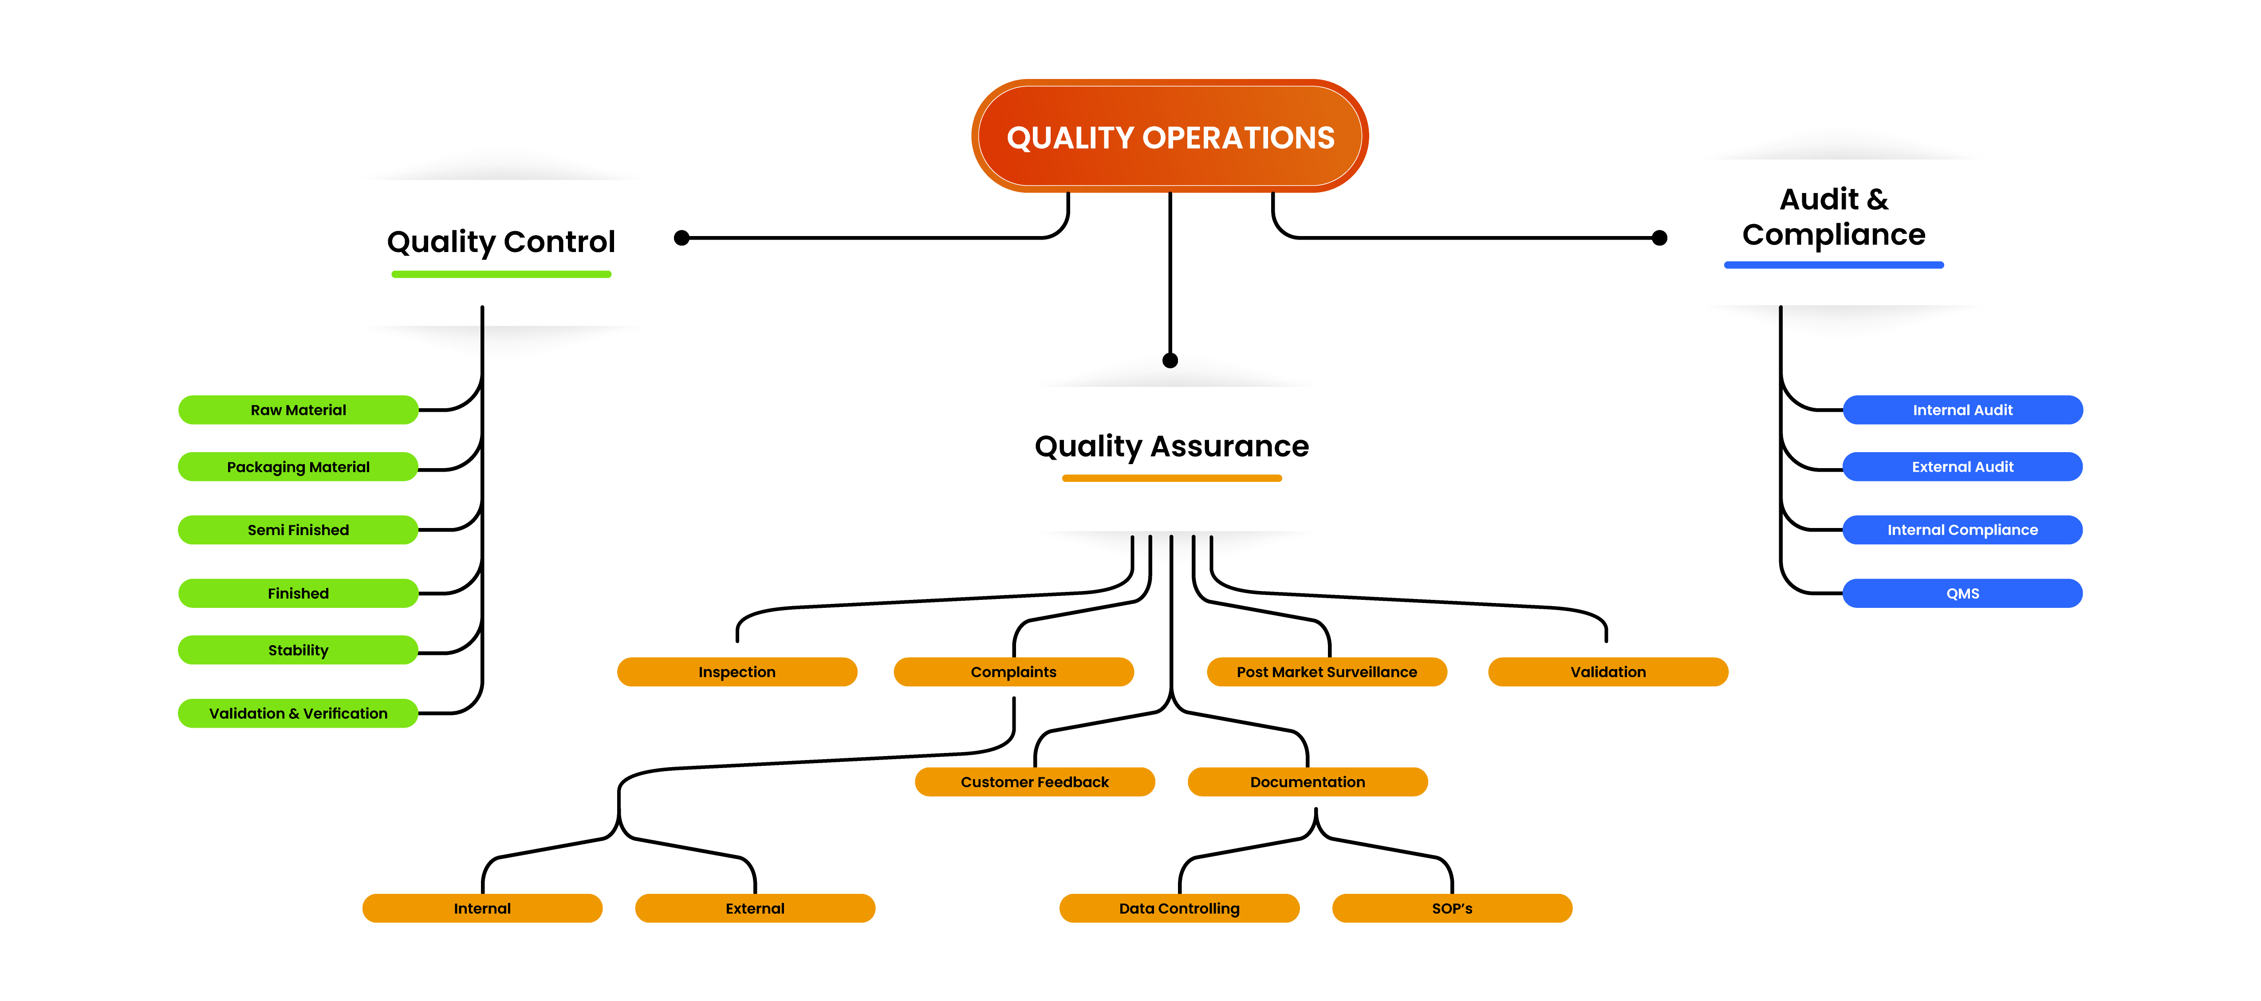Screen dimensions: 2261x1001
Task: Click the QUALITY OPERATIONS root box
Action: pyautogui.click(x=1170, y=136)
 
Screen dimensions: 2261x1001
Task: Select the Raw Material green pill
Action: pyautogui.click(x=299, y=410)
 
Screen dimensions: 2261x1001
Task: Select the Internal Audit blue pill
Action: pyautogui.click(x=1962, y=410)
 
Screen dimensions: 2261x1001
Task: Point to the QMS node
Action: pyautogui.click(x=1962, y=594)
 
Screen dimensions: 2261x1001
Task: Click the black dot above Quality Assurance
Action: pyautogui.click(x=1170, y=360)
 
